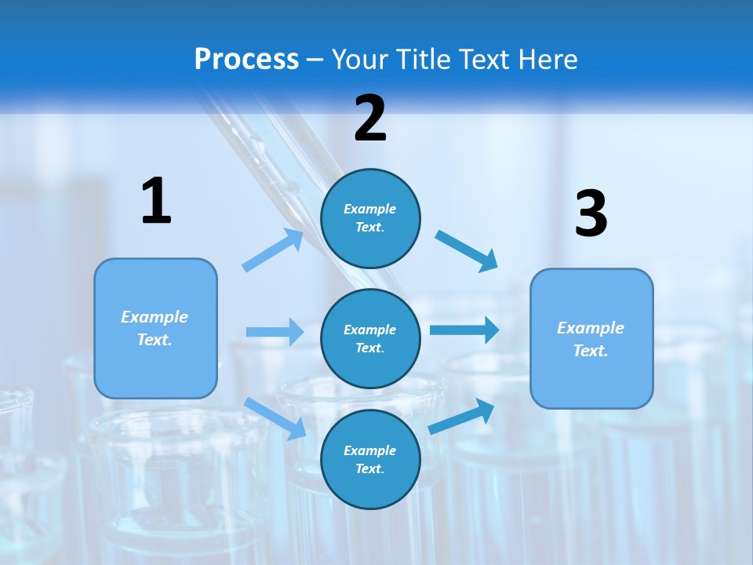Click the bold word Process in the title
coord(246,59)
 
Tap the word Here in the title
coord(546,59)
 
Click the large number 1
coord(156,201)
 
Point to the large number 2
coord(370,118)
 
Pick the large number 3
coord(591,214)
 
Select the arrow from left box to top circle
coord(273,250)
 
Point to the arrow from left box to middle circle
coord(275,332)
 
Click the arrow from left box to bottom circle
coord(275,418)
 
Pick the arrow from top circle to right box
coord(467,250)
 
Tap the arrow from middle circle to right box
coord(464,330)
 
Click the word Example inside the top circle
coord(370,210)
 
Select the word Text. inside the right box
coord(591,351)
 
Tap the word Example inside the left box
coord(155,317)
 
